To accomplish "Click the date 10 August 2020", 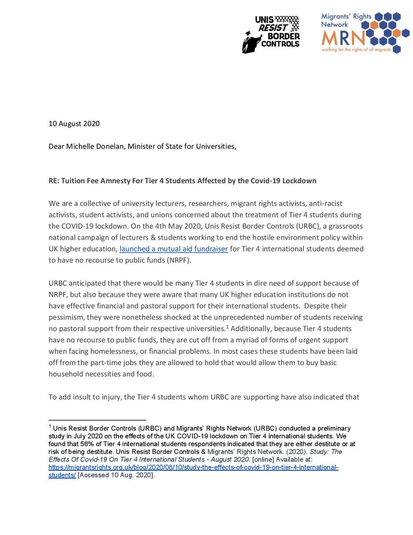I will click(x=74, y=123).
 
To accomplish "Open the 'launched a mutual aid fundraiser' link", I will click(x=174, y=249).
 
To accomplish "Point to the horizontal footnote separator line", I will click(x=97, y=420).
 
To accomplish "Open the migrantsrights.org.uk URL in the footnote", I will click(x=193, y=468).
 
